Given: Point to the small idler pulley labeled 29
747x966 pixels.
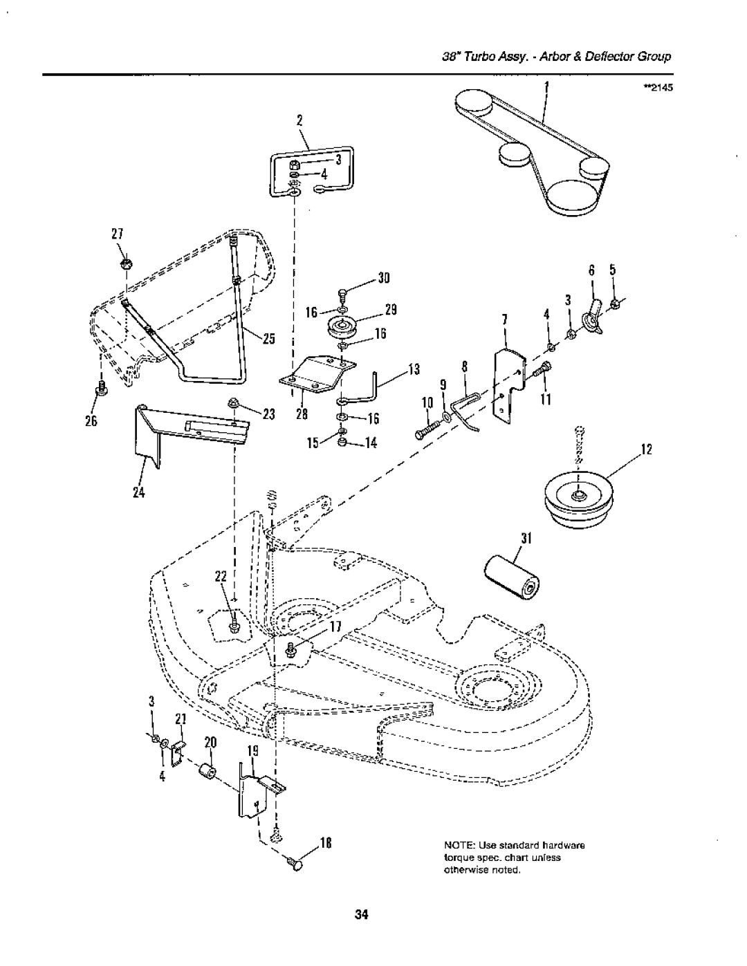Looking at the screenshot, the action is [343, 328].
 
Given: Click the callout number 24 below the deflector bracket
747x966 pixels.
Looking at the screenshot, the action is [139, 492].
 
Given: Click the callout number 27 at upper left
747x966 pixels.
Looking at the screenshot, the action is [118, 234].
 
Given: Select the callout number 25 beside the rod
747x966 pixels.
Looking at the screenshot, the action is [269, 340].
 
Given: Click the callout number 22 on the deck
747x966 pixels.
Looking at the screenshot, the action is [221, 577].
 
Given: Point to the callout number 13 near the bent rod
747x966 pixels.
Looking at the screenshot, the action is [414, 369].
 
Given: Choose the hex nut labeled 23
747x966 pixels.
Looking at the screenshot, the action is [232, 403].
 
